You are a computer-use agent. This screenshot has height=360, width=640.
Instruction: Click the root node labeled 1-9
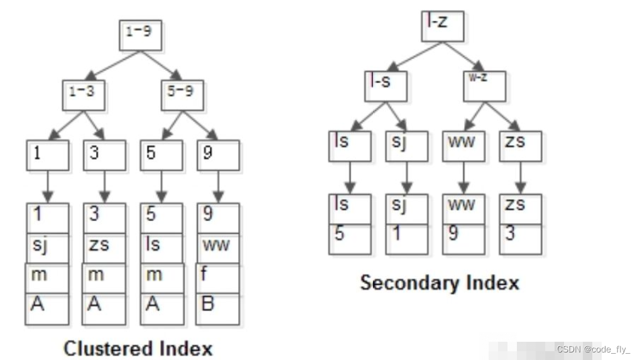(141, 35)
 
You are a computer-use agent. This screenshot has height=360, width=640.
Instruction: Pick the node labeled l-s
(386, 85)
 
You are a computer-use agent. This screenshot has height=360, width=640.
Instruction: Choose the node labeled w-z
(484, 85)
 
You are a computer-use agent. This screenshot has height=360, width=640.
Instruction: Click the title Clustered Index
(138, 348)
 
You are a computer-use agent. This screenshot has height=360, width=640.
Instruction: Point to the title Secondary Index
(440, 283)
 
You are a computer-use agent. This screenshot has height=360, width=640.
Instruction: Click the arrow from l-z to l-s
(415, 56)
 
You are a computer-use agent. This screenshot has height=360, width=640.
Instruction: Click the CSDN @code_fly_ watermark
(593, 349)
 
